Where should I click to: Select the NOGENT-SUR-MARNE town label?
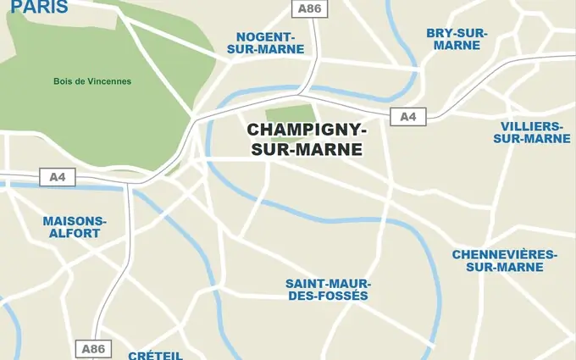point(265,43)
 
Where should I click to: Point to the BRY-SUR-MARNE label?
point(457,39)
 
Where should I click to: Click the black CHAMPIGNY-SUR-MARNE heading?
point(306,141)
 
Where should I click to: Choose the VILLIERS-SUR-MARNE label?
point(531,132)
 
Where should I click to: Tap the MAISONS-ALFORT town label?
point(75,227)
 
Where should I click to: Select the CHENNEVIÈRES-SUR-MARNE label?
point(504,261)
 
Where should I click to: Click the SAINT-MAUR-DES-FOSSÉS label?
point(327,290)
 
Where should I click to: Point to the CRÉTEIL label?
point(155,355)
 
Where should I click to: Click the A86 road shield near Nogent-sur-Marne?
point(307,8)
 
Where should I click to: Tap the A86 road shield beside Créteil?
point(93,348)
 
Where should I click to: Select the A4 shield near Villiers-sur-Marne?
point(408,117)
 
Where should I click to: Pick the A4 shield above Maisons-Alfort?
point(58,177)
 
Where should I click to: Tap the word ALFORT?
point(75,233)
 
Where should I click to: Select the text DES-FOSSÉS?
point(327,296)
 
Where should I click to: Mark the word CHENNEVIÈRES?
point(504,254)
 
